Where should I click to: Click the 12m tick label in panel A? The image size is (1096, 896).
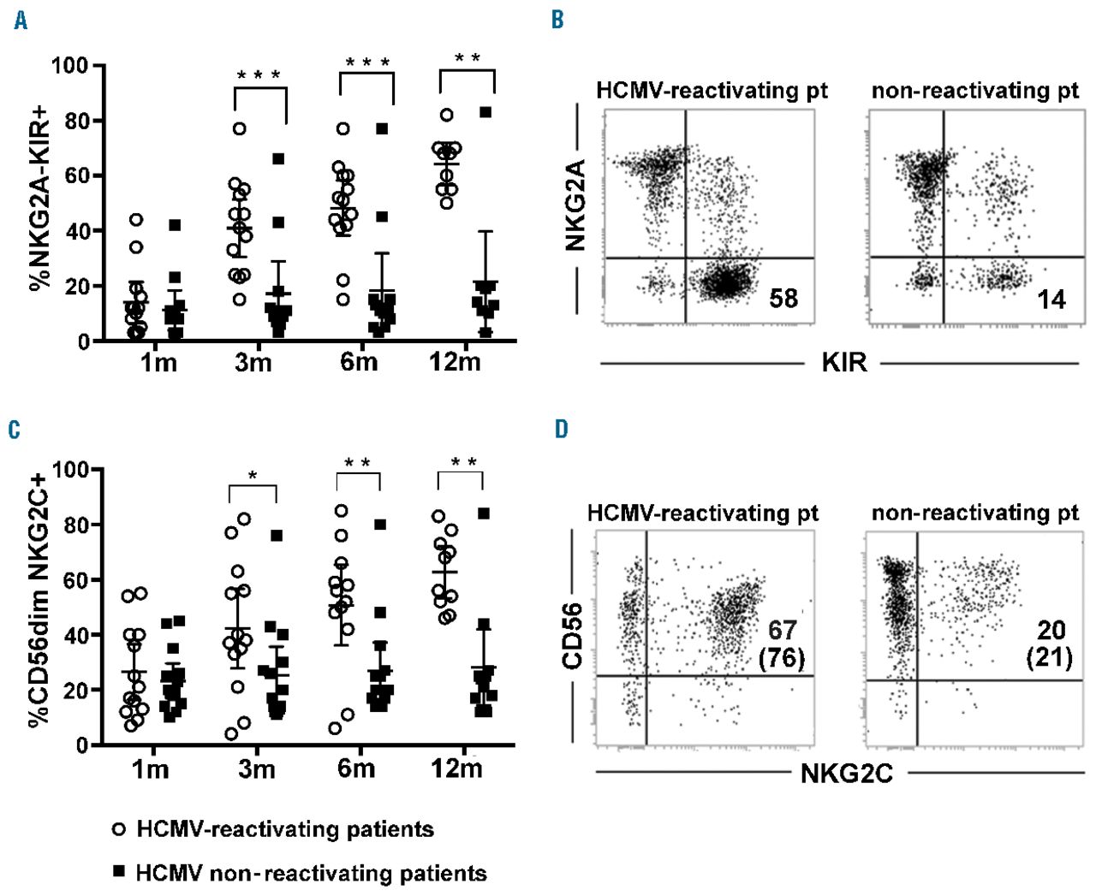456,363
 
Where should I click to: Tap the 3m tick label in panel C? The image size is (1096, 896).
256,768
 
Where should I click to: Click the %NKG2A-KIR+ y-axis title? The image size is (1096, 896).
38,203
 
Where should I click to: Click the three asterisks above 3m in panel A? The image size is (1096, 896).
259,75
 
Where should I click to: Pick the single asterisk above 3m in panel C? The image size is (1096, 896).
253,477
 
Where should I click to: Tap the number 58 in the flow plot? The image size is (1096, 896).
783,299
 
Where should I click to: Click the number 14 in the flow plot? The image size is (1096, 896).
1051,300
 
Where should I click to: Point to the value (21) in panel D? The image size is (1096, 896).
1050,660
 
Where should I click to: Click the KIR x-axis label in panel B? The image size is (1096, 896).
843,363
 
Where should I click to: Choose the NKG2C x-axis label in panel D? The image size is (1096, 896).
846,774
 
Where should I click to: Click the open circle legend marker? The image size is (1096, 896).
120,829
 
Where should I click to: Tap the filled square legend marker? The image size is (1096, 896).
120,872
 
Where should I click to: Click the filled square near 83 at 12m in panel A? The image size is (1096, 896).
486,112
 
